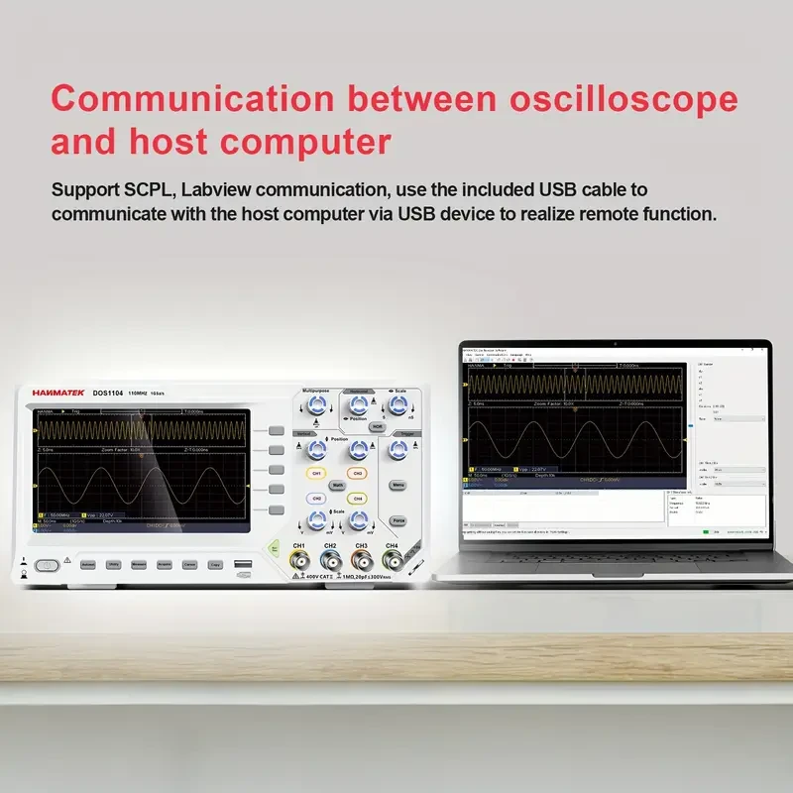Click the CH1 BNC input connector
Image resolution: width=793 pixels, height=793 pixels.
298,564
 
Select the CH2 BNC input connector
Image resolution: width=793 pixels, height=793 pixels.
330,564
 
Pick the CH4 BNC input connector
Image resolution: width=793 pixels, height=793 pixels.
392,564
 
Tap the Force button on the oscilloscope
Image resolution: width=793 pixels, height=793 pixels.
398,519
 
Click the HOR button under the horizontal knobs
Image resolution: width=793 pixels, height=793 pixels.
377,426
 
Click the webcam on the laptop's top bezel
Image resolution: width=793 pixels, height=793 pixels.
615,345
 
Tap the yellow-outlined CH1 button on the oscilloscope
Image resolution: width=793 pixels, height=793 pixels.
316,473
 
